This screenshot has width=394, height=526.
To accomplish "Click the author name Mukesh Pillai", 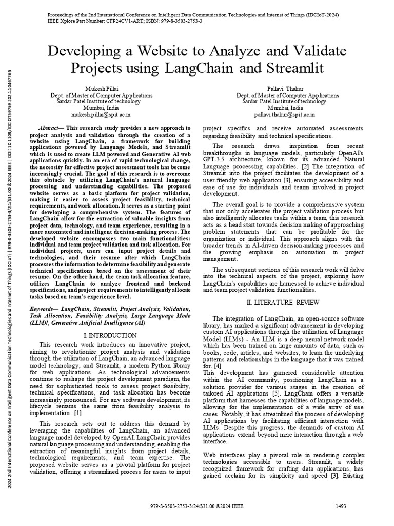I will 101,89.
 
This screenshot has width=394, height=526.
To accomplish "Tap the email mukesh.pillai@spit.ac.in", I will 101,115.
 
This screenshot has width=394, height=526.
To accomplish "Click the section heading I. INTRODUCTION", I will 108,334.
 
